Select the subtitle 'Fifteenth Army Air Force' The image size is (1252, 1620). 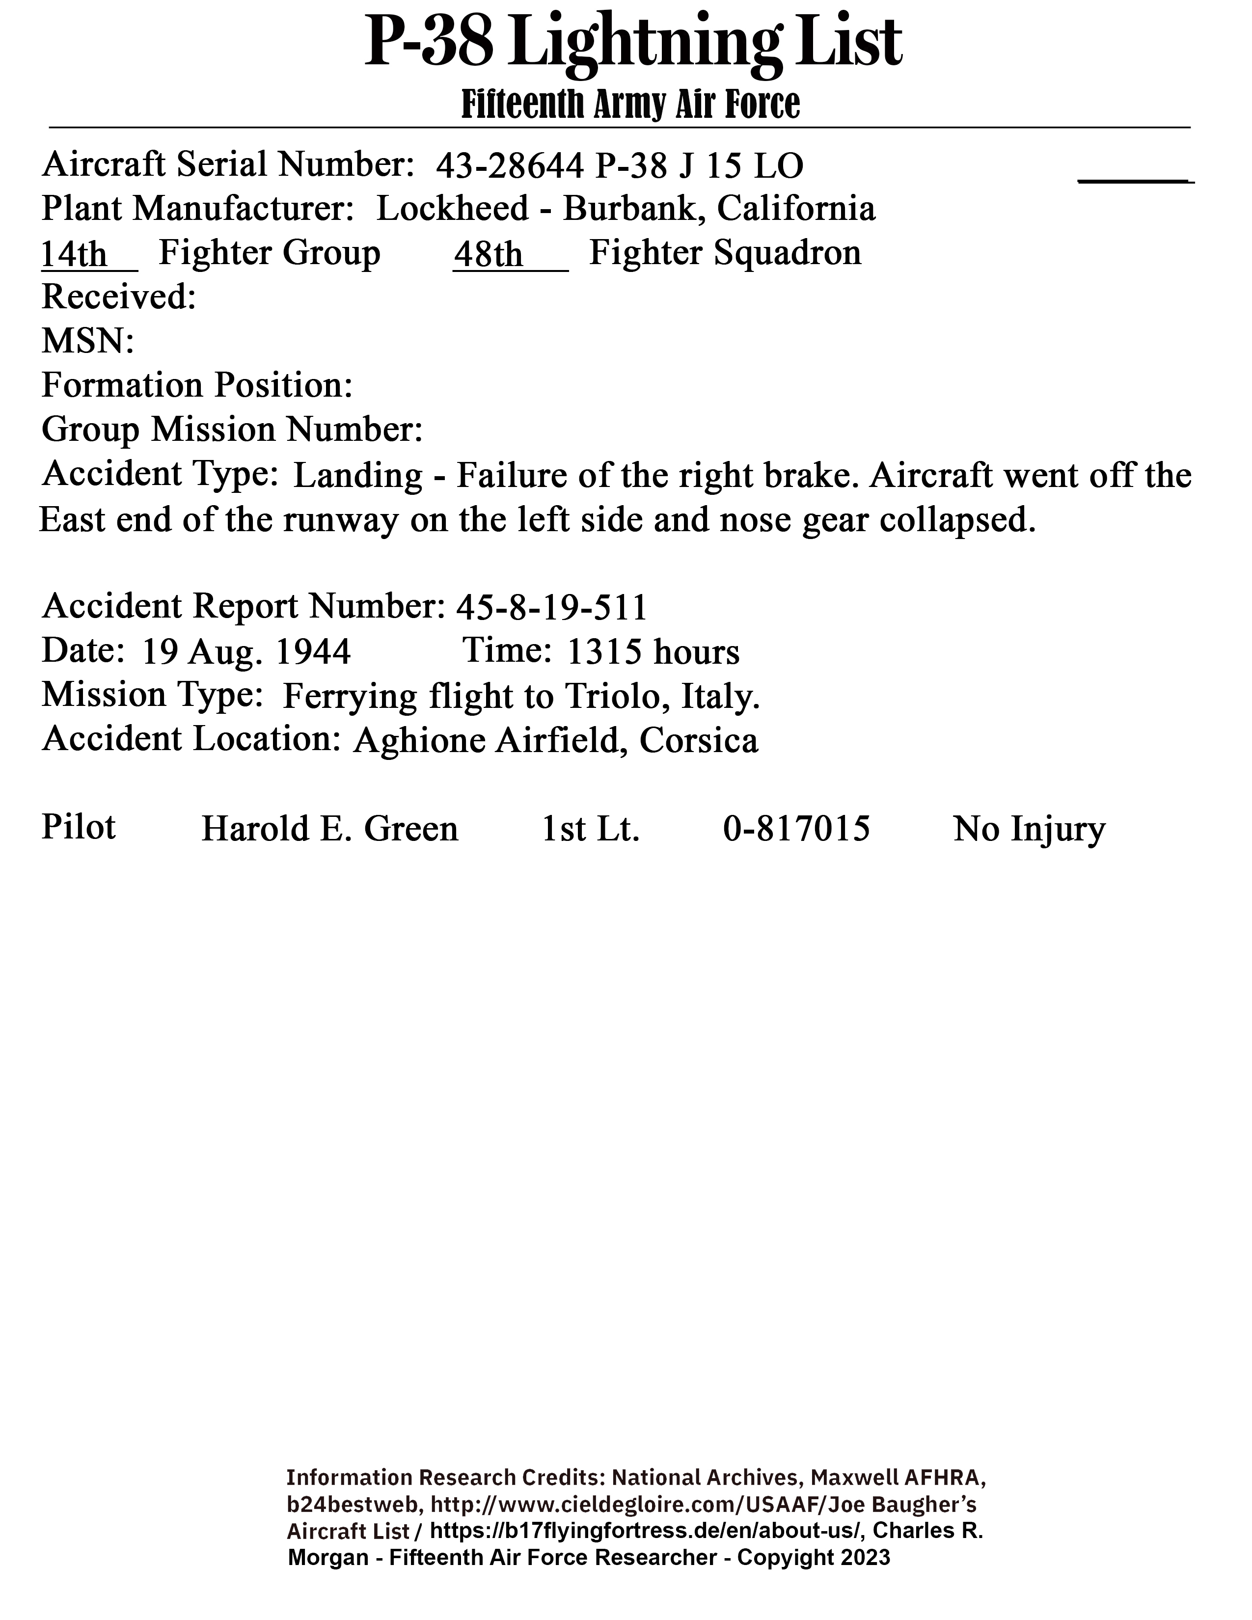[x=630, y=105]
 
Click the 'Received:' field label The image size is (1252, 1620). [x=119, y=297]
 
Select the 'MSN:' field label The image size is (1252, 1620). [x=87, y=341]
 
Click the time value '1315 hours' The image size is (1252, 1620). [x=653, y=652]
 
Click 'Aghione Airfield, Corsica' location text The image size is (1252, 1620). [x=555, y=740]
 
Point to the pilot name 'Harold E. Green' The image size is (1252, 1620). [x=330, y=829]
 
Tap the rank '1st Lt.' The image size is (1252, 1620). [x=590, y=829]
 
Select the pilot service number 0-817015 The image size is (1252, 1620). [x=796, y=829]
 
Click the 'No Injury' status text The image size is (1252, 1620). [x=1029, y=829]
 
